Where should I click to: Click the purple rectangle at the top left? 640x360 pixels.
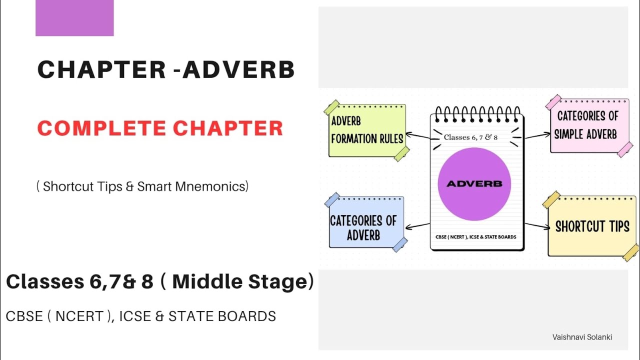(74, 18)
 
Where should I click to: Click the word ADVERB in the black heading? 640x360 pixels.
(238, 69)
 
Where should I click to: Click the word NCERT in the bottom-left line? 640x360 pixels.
(79, 316)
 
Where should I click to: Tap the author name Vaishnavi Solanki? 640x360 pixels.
(582, 337)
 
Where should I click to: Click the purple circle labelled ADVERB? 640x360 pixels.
(474, 184)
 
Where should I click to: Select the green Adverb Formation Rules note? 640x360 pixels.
(367, 130)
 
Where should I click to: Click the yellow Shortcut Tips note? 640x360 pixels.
(591, 226)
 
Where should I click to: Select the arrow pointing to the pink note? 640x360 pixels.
(537, 135)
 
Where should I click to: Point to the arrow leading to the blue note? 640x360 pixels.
(417, 226)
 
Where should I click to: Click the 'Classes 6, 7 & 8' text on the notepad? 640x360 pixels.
(470, 137)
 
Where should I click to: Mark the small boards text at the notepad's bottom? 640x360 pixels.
(475, 237)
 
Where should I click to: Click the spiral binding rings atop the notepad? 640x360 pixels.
(477, 114)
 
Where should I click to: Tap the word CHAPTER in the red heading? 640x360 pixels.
(228, 128)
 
